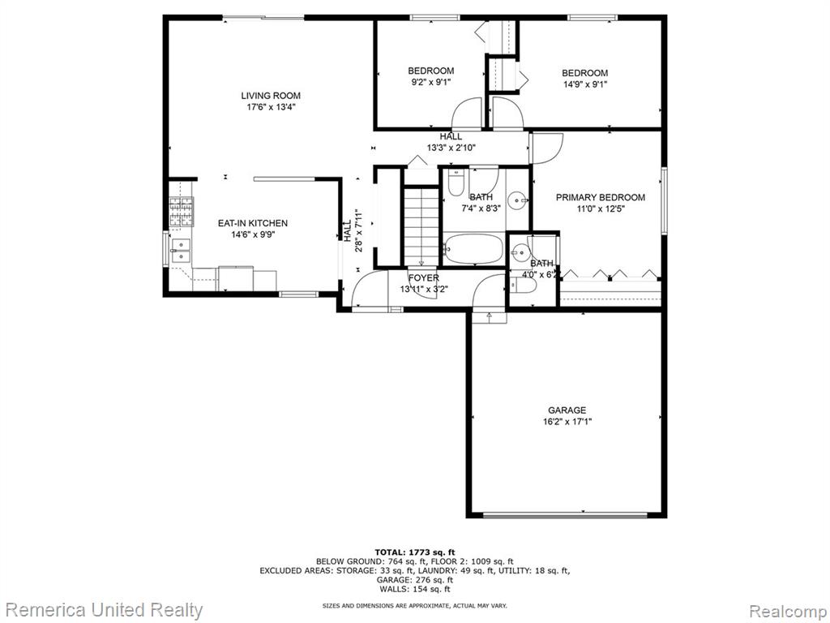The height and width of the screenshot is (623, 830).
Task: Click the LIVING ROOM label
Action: click(x=271, y=96)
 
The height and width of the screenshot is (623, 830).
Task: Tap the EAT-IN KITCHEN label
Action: click(x=253, y=224)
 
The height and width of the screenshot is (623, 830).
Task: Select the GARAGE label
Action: click(x=567, y=410)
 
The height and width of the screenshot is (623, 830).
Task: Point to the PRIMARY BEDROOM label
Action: click(x=601, y=198)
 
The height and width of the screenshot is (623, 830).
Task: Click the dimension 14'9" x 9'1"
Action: click(x=584, y=84)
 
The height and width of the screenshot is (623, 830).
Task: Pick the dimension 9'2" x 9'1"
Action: click(x=431, y=82)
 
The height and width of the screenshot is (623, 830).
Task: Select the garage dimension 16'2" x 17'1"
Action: click(x=567, y=422)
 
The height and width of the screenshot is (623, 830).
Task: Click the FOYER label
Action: click(x=423, y=278)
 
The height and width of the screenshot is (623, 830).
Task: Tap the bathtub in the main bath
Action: click(x=473, y=249)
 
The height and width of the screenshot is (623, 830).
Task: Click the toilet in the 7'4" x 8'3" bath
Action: click(x=456, y=183)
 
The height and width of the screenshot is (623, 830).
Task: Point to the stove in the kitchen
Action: click(x=181, y=212)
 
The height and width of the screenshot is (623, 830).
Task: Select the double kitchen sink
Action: click(x=181, y=251)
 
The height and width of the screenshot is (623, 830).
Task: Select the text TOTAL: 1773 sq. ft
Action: click(x=414, y=552)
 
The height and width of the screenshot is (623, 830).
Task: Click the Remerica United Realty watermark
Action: click(x=105, y=610)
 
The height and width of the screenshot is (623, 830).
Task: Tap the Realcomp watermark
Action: click(x=788, y=611)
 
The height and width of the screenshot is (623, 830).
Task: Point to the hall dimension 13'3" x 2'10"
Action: click(x=451, y=148)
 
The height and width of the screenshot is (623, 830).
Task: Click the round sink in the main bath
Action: click(x=517, y=200)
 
